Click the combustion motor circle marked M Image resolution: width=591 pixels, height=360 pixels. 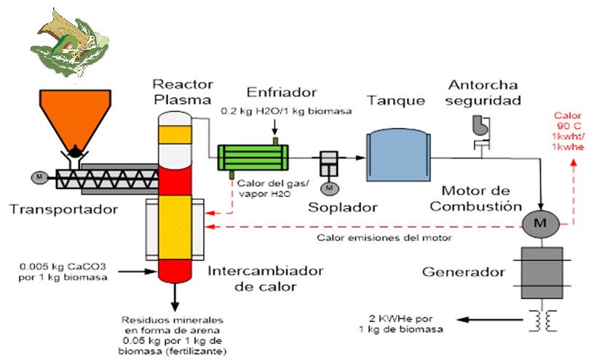541,224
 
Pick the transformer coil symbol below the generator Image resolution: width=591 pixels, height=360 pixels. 540,321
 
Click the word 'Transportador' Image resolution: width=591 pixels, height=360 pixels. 63,209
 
